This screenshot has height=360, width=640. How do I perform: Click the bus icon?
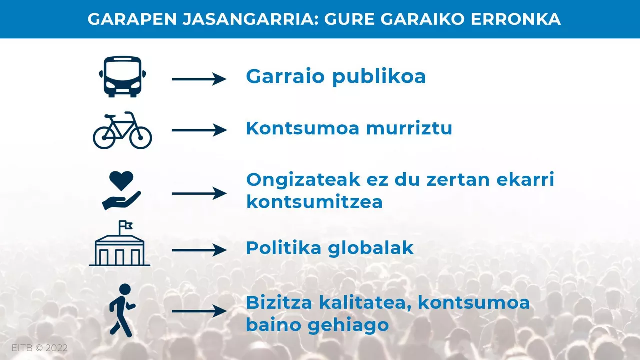122,77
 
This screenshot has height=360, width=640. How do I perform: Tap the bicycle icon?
122,130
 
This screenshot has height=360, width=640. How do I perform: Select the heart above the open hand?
121,181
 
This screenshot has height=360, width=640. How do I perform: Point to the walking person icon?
123,310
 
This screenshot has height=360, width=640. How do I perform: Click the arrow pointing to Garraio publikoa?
199,79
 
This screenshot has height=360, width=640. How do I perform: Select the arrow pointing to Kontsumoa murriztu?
199,130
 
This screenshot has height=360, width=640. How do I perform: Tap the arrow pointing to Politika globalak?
199,250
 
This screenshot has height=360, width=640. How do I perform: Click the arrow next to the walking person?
199,311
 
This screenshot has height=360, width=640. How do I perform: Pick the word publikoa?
379,77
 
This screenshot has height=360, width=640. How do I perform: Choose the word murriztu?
409,128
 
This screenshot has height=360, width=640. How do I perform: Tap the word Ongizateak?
303,180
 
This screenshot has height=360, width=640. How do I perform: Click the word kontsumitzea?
314,202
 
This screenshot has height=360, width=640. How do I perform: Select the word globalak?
371,247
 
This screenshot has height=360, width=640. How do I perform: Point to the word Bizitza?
279,302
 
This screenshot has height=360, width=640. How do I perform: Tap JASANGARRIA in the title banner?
250,19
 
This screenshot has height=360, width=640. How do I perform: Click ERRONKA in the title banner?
516,19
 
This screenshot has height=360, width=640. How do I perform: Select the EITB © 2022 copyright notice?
39,348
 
